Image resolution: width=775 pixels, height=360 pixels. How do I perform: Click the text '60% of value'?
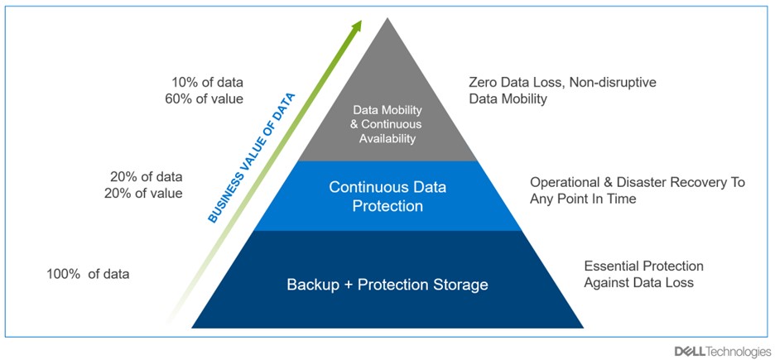(x=209, y=99)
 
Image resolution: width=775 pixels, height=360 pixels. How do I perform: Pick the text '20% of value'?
(x=146, y=194)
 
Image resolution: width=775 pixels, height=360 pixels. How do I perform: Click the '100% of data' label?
(x=89, y=273)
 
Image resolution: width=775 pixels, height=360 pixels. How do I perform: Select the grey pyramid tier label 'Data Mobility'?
(x=387, y=109)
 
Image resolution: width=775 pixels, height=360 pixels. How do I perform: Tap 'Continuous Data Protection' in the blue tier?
(x=387, y=195)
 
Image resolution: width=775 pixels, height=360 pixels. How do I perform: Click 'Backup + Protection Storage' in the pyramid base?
(x=387, y=285)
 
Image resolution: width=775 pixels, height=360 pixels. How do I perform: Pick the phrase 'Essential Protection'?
(x=643, y=266)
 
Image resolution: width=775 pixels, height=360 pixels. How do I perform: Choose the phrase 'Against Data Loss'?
(x=638, y=283)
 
